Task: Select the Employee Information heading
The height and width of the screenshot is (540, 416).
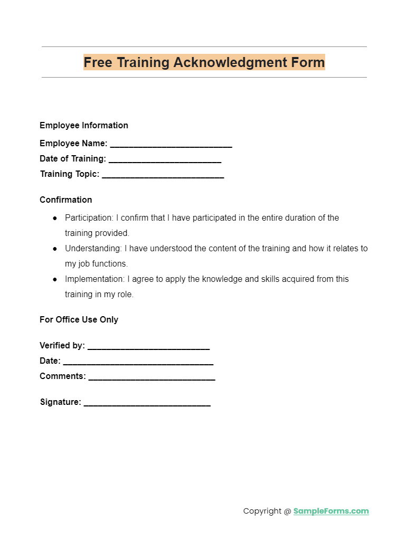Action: click(84, 125)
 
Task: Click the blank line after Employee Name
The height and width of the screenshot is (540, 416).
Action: click(171, 144)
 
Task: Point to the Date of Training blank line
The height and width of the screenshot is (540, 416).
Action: click(165, 159)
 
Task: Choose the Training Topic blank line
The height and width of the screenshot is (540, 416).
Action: click(163, 175)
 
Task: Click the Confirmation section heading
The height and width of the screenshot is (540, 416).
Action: click(66, 200)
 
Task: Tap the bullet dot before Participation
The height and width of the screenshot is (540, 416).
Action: click(55, 218)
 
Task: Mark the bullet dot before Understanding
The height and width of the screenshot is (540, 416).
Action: click(55, 249)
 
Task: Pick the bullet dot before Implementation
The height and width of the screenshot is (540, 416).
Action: click(55, 279)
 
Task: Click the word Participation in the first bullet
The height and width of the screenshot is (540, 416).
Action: click(88, 217)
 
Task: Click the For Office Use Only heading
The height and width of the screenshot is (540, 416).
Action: click(79, 319)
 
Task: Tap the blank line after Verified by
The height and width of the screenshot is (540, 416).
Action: click(148, 346)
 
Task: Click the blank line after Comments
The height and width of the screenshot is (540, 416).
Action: click(152, 377)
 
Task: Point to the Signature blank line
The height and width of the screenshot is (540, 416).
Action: click(147, 403)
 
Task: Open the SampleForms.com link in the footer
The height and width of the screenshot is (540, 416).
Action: click(331, 511)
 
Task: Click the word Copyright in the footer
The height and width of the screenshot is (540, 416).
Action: click(262, 511)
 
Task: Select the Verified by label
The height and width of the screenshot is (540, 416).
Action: click(62, 345)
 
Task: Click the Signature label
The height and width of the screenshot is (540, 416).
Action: click(60, 402)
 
